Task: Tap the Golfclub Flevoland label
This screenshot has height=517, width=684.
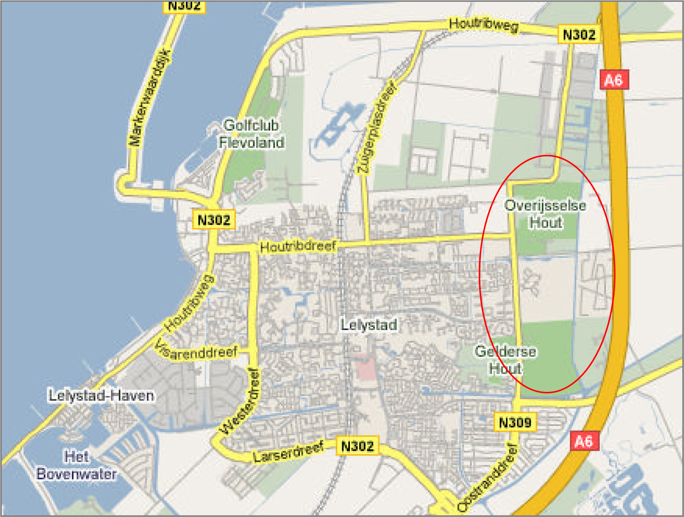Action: (252, 134)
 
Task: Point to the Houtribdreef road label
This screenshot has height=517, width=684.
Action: (298, 247)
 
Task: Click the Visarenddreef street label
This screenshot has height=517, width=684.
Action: (196, 351)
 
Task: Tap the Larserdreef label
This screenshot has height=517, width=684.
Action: (289, 452)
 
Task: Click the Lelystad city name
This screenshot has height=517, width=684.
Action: (369, 325)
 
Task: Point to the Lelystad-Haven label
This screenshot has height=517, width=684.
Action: (101, 396)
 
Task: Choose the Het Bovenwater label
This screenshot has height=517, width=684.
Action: (77, 465)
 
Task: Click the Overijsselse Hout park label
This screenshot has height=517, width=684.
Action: (546, 214)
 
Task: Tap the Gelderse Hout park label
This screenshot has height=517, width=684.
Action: (505, 360)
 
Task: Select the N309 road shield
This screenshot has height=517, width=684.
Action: (515, 423)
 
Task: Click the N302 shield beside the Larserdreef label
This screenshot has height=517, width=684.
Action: (357, 446)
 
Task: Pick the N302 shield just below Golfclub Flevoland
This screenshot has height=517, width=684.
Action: (214, 220)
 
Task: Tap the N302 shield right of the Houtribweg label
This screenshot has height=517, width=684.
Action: (579, 34)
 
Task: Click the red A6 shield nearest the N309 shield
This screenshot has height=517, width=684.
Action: (583, 441)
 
